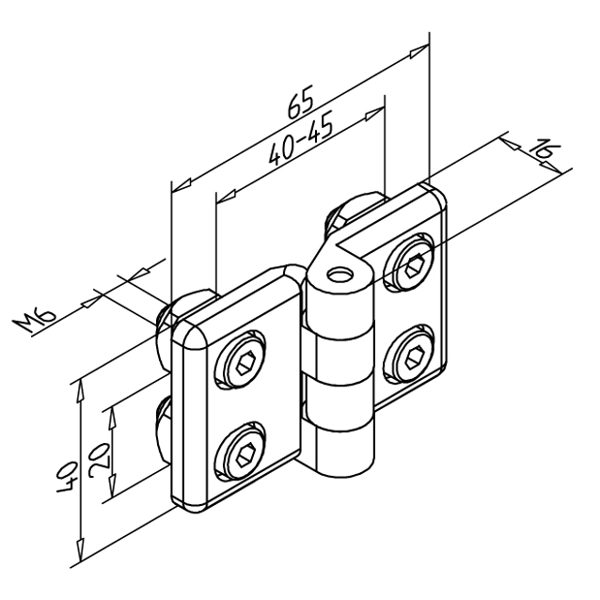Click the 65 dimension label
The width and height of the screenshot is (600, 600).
point(301,102)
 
